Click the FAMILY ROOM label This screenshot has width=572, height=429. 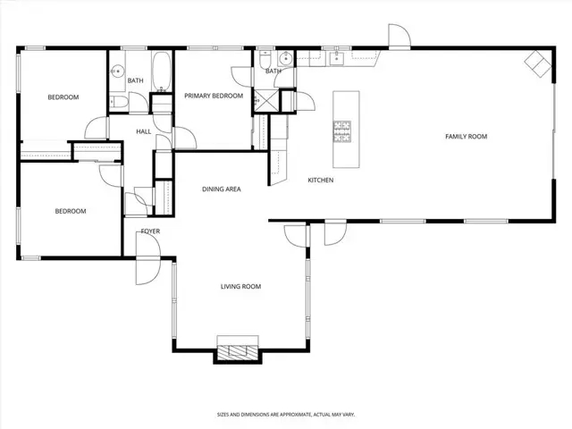pyautogui.click(x=467, y=137)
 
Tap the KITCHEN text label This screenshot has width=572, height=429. pyautogui.click(x=321, y=181)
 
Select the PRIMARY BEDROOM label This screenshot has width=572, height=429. pyautogui.click(x=214, y=95)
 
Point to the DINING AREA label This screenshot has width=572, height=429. pyautogui.click(x=222, y=189)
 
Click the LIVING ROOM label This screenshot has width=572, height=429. pyautogui.click(x=240, y=287)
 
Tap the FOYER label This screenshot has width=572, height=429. pyautogui.click(x=150, y=231)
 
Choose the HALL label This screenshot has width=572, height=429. pyautogui.click(x=143, y=132)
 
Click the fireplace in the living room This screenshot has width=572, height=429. pyautogui.click(x=238, y=349)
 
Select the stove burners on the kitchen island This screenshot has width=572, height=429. pyautogui.click(x=343, y=131)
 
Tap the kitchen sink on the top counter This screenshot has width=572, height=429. pyautogui.click(x=338, y=59)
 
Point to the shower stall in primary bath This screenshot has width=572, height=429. pyautogui.click(x=266, y=100)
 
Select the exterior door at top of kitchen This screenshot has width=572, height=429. pyautogui.click(x=398, y=36)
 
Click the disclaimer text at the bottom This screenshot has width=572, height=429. pyautogui.click(x=285, y=415)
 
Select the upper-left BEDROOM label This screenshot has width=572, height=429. pyautogui.click(x=63, y=97)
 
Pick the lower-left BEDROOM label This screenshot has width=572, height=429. pyautogui.click(x=70, y=211)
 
